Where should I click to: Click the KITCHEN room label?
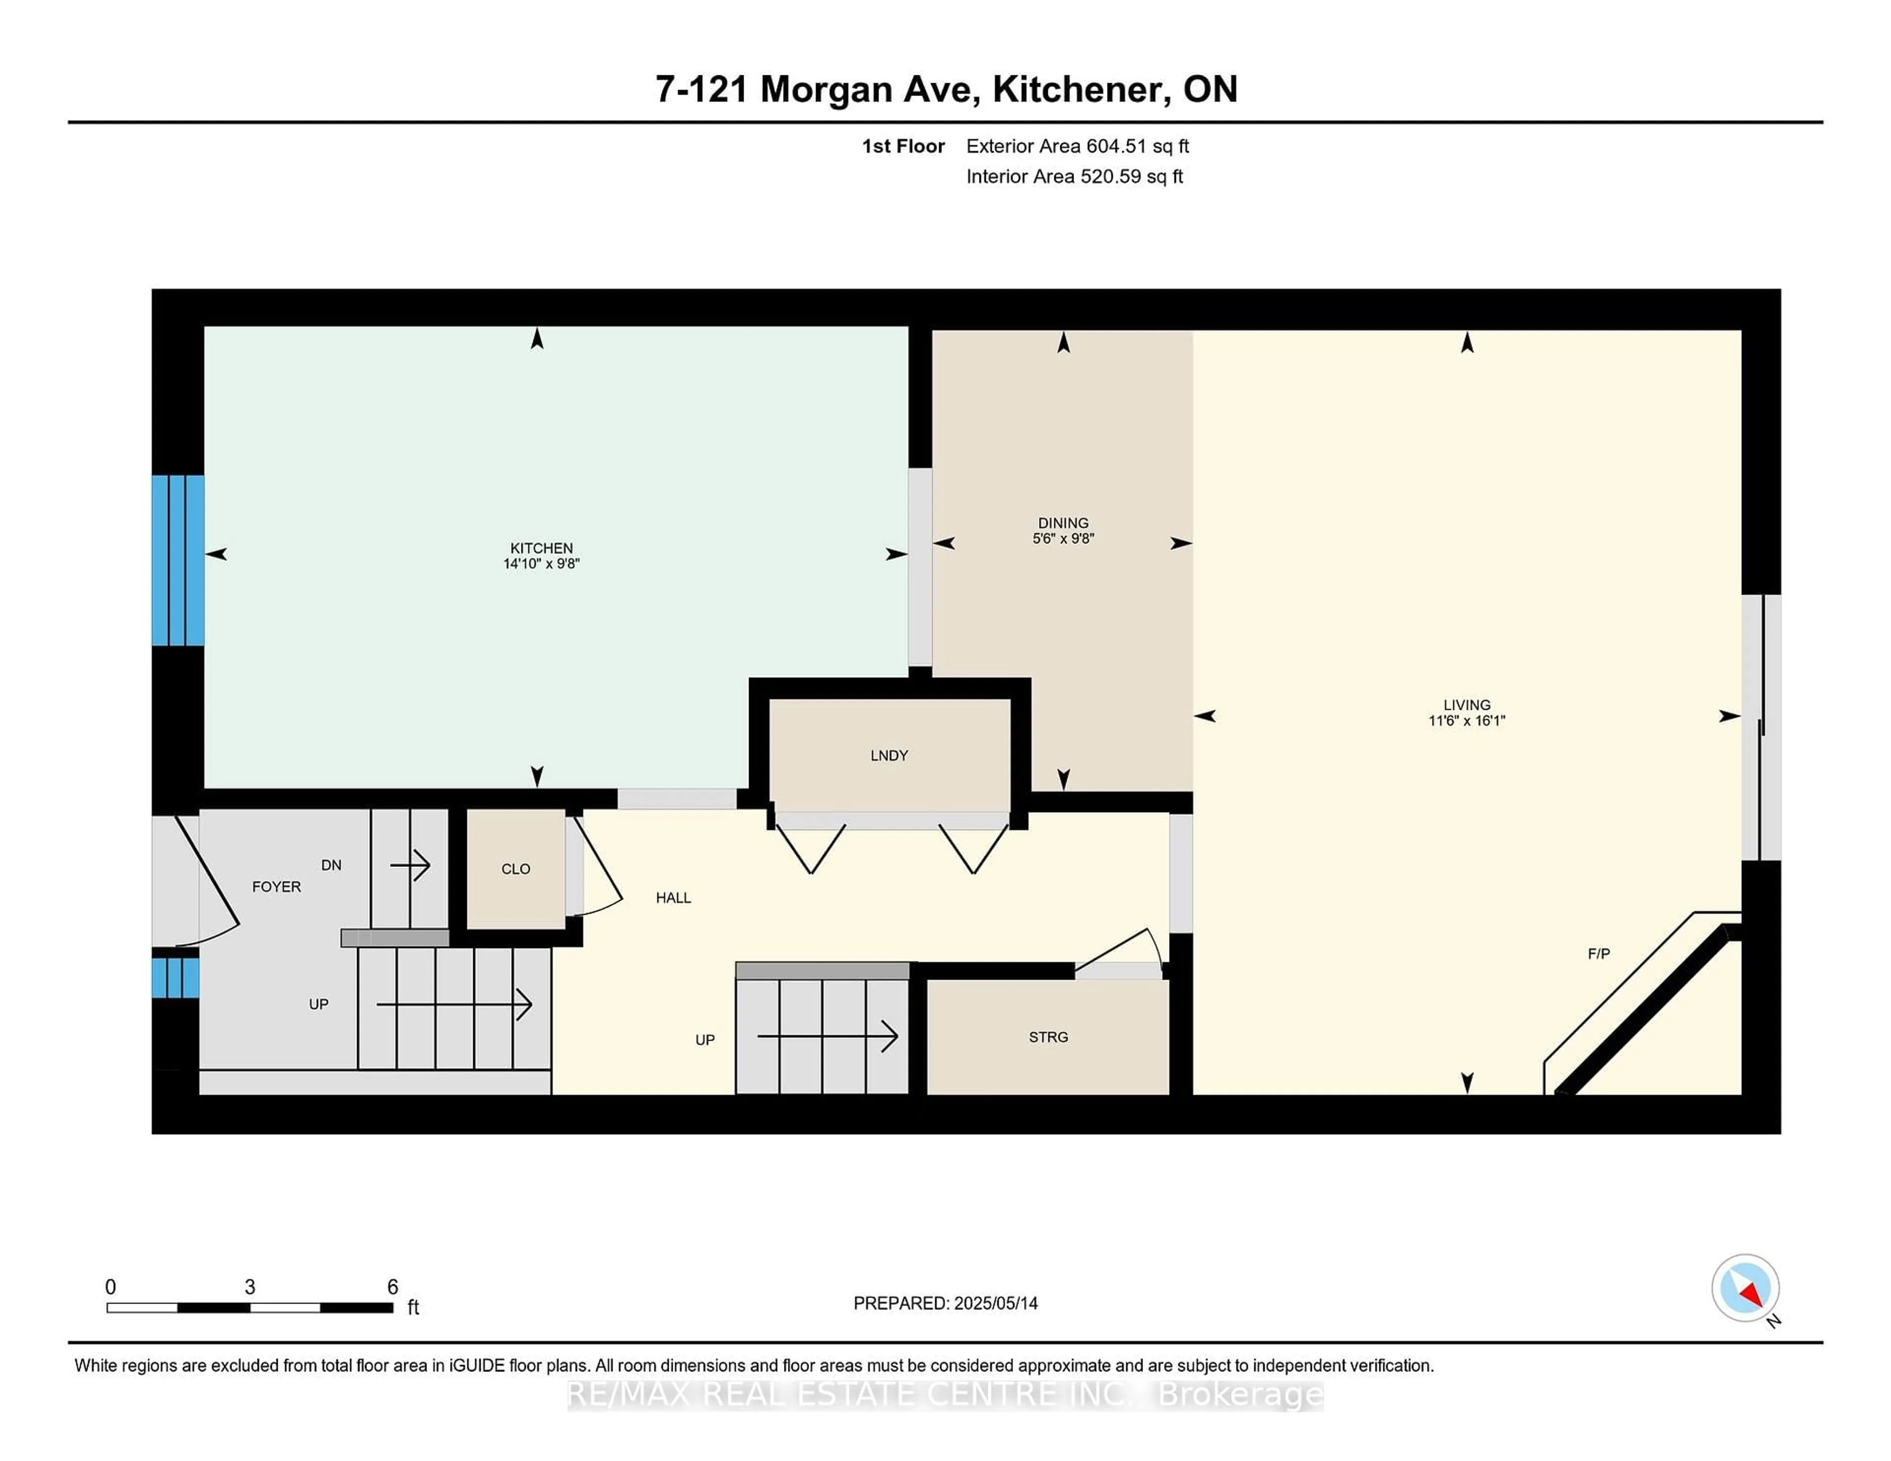click(541, 548)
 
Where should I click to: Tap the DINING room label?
click(1063, 523)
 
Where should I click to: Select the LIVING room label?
click(1467, 704)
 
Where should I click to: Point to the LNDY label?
click(889, 756)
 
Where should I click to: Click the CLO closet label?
click(516, 869)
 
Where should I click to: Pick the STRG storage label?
click(1048, 1037)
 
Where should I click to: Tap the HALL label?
click(674, 897)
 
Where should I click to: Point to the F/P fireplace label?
click(1599, 954)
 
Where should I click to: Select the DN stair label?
click(331, 865)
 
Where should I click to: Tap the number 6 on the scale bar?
click(392, 1287)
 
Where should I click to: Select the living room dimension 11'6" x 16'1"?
click(1467, 720)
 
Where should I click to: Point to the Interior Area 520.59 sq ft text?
click(1075, 177)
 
